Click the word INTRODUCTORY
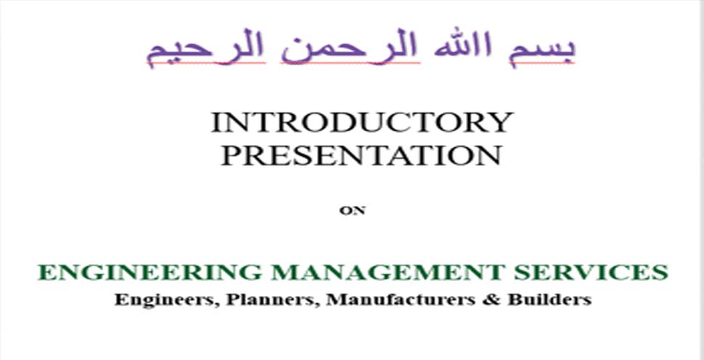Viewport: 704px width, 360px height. click(x=362, y=122)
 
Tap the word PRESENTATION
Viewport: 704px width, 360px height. click(x=361, y=155)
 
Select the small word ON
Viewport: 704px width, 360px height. click(x=353, y=210)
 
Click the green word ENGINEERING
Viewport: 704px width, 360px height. click(x=149, y=272)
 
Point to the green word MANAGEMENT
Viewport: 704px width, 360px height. click(x=388, y=272)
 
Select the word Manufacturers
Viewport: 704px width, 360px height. click(x=401, y=300)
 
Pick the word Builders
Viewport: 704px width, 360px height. click(x=549, y=300)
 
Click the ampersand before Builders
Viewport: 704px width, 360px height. click(x=491, y=300)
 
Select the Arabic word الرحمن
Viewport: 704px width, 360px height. click(x=351, y=49)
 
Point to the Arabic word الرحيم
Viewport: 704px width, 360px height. click(x=207, y=49)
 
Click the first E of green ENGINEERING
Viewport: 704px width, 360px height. click(x=46, y=272)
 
